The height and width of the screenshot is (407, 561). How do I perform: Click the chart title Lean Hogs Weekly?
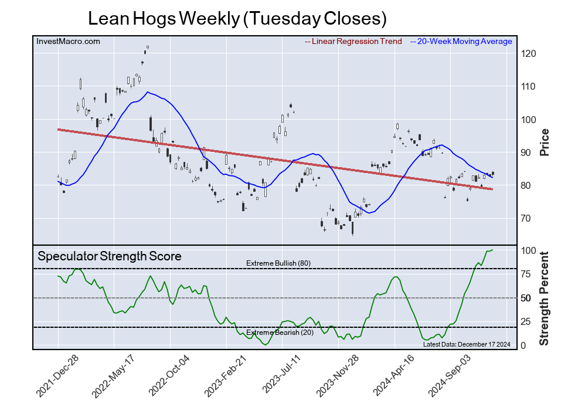click(237, 19)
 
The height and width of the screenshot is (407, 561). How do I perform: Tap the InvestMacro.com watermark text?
click(68, 42)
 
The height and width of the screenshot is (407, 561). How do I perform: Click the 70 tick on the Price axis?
click(527, 219)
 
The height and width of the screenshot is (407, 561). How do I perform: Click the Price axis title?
click(545, 141)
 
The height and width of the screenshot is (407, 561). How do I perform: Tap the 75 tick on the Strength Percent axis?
click(527, 274)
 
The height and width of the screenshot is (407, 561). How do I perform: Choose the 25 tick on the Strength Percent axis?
click(527, 321)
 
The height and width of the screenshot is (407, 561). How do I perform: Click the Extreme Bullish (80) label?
click(278, 263)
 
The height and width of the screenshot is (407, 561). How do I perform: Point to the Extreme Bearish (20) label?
click(279, 333)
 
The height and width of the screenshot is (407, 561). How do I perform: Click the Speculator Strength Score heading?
click(110, 256)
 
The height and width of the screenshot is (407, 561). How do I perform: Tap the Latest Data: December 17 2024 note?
click(467, 344)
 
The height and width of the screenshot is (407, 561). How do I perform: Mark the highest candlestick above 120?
click(148, 46)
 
